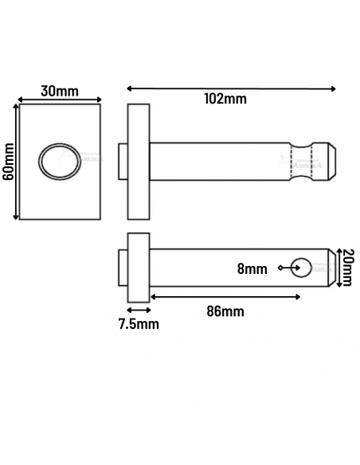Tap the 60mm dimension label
[x=9, y=162]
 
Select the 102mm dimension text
[x=225, y=99]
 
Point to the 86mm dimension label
[x=225, y=311]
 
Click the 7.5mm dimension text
[x=139, y=323]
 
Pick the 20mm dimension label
[x=348, y=268]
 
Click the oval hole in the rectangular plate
[x=60, y=162]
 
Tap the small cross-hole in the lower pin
[x=301, y=268]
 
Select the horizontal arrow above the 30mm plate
[x=60, y=100]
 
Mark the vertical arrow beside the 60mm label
[x=17, y=162]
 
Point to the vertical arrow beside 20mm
[x=338, y=268]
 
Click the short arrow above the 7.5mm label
[x=139, y=309]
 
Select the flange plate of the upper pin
[x=139, y=162]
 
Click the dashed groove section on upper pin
[x=301, y=162]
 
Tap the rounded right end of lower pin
[x=327, y=268]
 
